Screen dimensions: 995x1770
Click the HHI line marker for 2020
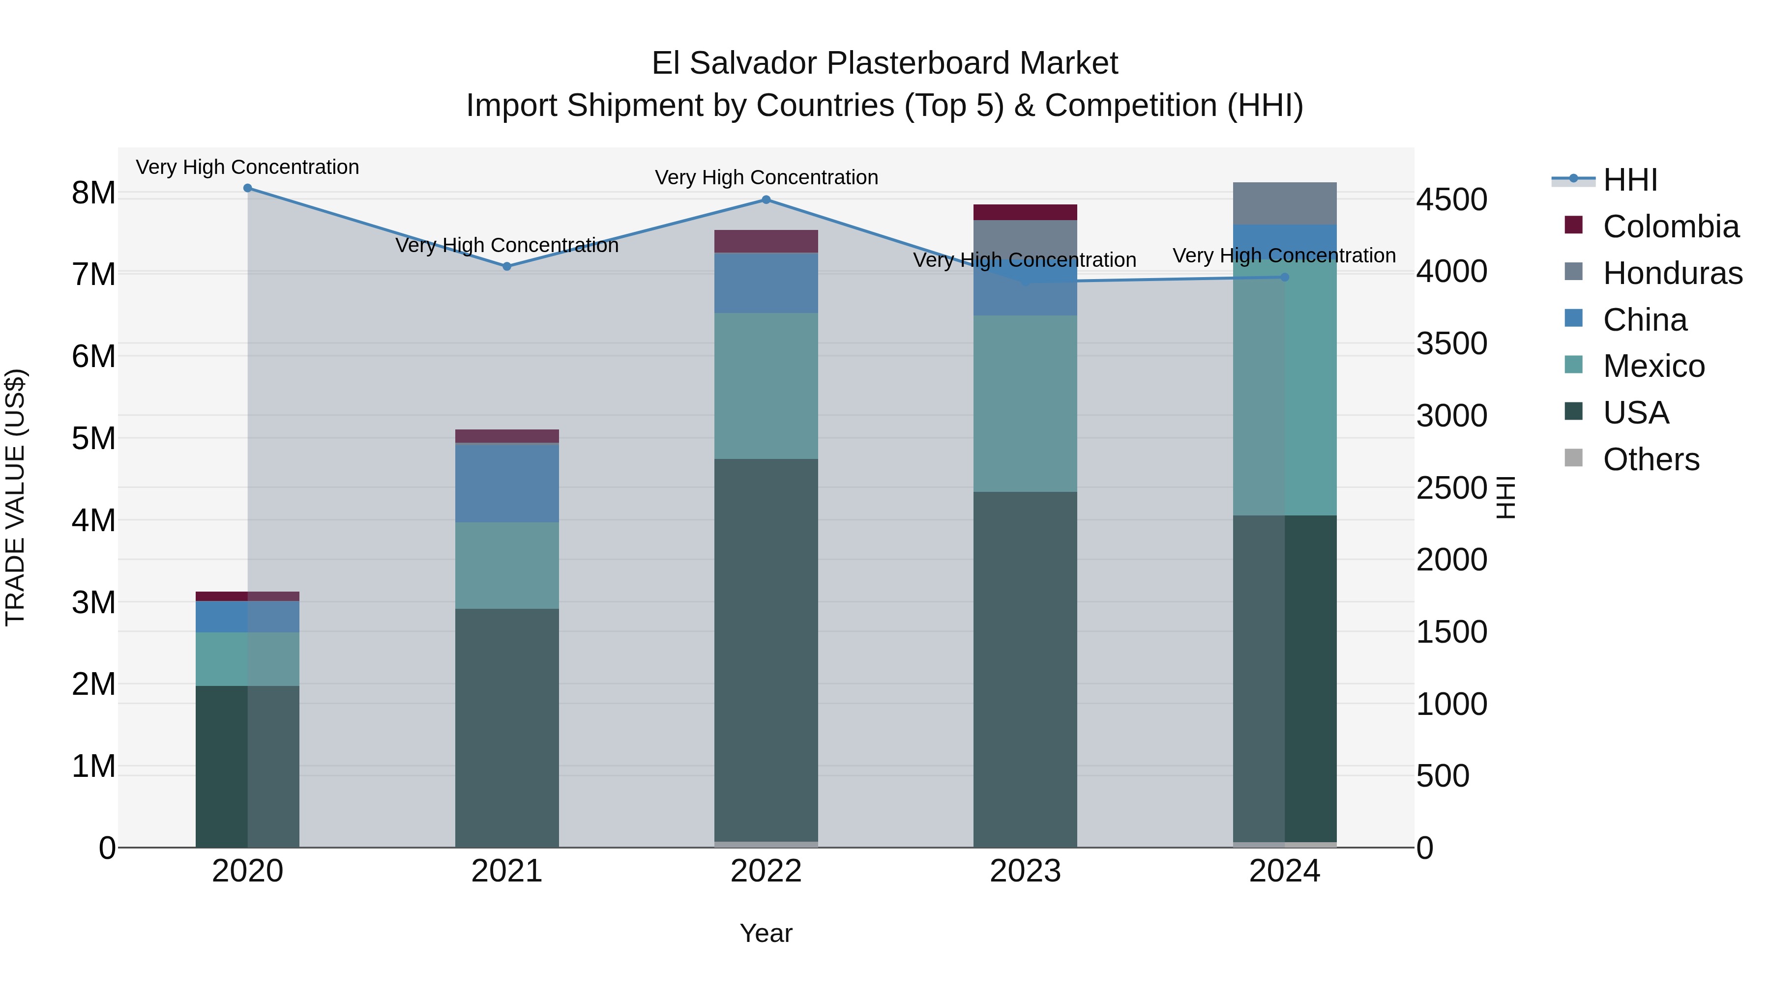[x=247, y=188]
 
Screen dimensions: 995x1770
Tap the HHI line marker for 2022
[x=766, y=200]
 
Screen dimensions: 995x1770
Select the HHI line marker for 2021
[x=507, y=266]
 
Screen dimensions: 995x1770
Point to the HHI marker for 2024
[x=1285, y=278]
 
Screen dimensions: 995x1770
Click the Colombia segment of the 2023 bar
[x=1025, y=212]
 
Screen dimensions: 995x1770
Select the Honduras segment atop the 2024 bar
[x=1285, y=203]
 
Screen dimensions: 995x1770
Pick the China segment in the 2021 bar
[x=507, y=483]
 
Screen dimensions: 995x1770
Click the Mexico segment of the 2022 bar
[x=766, y=386]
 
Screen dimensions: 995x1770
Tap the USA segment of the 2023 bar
[x=1025, y=670]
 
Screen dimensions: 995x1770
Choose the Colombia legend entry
[x=1670, y=227]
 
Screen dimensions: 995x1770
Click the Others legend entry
[x=1651, y=459]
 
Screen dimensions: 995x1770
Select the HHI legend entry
[x=1630, y=180]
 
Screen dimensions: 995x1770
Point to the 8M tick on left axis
[x=93, y=194]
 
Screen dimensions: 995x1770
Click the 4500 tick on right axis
[x=1451, y=200]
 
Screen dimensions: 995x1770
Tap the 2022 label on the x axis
[x=766, y=871]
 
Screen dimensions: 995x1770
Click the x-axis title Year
[x=766, y=933]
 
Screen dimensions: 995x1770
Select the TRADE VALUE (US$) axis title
[x=15, y=498]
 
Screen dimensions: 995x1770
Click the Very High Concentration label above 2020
[x=247, y=168]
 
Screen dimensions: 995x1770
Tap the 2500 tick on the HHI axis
[x=1451, y=488]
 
